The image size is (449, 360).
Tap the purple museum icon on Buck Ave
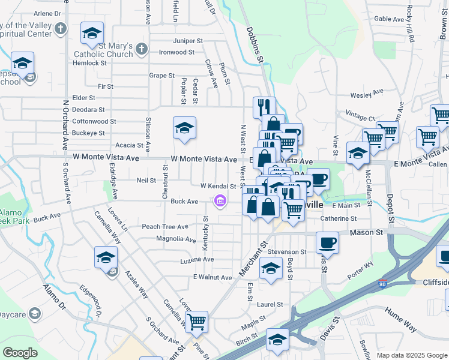click(x=220, y=202)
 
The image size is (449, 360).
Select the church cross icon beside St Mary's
click(x=140, y=48)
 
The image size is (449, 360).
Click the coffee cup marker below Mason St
click(x=327, y=242)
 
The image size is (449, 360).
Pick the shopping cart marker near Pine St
click(x=196, y=322)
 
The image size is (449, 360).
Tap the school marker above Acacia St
click(x=184, y=127)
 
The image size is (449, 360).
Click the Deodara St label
click(x=88, y=110)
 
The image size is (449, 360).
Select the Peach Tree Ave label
click(x=164, y=227)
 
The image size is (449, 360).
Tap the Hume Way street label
click(x=401, y=326)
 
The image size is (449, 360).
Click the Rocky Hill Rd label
click(x=411, y=24)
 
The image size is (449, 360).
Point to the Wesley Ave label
click(x=367, y=93)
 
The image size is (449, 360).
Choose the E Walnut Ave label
click(x=212, y=278)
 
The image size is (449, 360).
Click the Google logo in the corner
click(x=20, y=353)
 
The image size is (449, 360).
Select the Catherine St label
click(x=339, y=219)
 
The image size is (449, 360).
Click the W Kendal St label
click(x=218, y=186)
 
